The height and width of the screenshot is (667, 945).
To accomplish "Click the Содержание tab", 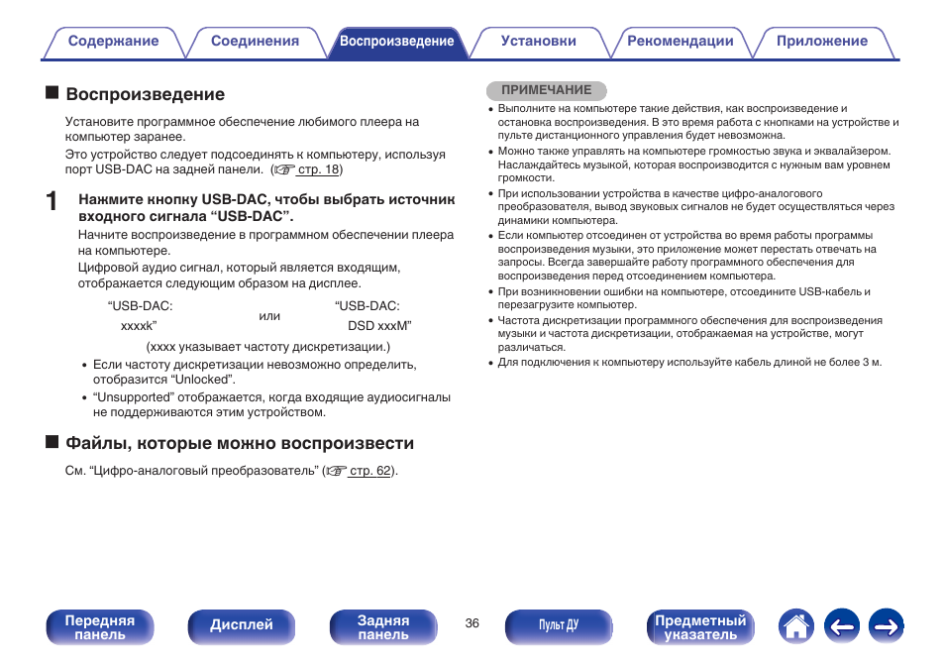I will [x=113, y=42].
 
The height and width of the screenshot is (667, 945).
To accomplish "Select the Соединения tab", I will [x=255, y=42].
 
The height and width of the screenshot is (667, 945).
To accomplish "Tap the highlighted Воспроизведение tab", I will [x=396, y=42].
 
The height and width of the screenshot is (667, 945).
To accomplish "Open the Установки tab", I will [x=538, y=42].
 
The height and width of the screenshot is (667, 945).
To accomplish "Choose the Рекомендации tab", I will [x=680, y=42].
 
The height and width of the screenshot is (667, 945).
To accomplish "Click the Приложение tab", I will [x=821, y=42].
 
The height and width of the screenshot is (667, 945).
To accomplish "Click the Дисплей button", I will [x=241, y=625].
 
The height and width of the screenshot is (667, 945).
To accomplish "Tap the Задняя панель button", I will [x=382, y=626].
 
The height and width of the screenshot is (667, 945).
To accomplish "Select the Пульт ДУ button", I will [x=558, y=625].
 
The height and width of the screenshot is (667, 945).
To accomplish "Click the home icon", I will [x=796, y=625].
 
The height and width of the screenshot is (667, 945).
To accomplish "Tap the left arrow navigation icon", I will [x=841, y=625].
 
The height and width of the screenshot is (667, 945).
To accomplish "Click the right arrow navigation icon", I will [x=887, y=625].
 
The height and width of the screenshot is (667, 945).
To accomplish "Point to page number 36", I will [x=472, y=623].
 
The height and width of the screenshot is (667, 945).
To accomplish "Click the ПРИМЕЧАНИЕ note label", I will [x=546, y=90].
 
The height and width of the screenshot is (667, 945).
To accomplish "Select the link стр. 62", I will [x=370, y=471].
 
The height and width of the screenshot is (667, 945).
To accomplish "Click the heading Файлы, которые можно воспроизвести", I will [x=240, y=443].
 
